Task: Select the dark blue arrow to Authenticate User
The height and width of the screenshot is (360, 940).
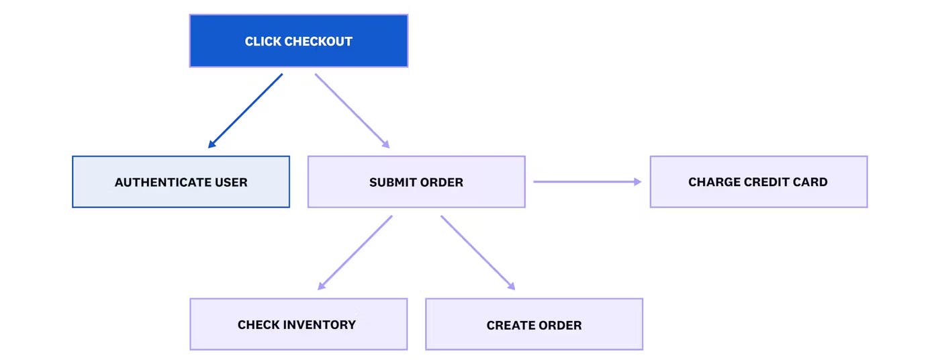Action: click(x=245, y=111)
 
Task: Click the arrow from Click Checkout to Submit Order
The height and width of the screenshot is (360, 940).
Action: click(x=352, y=110)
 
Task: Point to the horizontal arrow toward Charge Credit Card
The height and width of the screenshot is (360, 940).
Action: click(x=584, y=181)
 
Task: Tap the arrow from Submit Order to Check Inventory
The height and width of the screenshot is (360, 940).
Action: click(x=355, y=253)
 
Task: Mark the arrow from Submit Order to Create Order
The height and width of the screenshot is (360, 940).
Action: click(x=477, y=253)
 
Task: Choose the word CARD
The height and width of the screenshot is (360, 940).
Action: click(x=812, y=182)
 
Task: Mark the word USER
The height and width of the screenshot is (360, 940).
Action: click(x=232, y=182)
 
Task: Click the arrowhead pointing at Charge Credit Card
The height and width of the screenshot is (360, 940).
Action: click(x=637, y=181)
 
